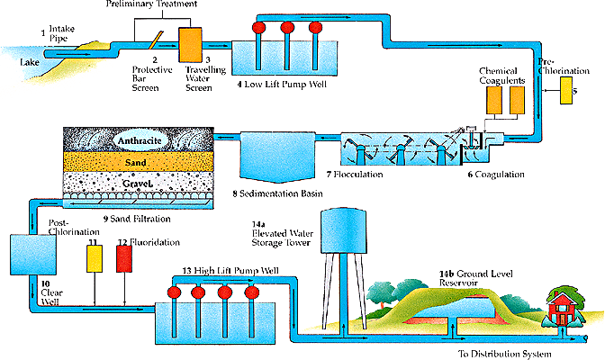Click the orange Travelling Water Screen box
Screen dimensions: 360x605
(191, 43)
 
